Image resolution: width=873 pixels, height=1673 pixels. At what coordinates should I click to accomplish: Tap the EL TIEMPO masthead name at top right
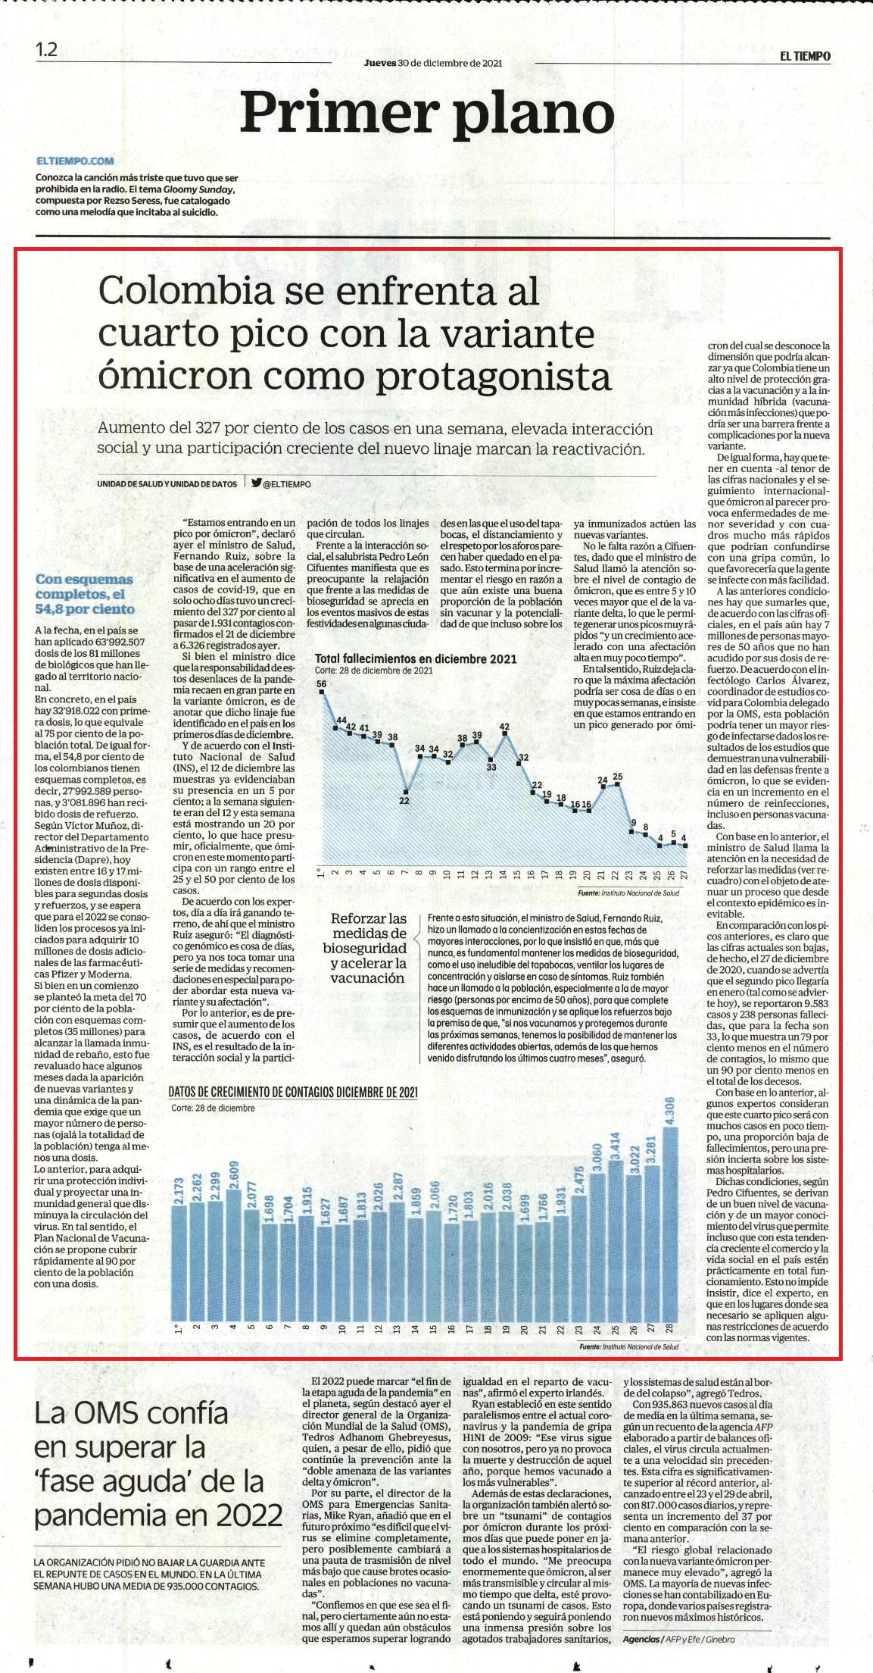(x=806, y=56)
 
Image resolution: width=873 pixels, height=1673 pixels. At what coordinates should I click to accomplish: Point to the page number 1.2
(x=46, y=51)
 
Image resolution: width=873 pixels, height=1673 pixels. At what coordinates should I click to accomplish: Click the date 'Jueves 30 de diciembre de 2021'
(x=432, y=64)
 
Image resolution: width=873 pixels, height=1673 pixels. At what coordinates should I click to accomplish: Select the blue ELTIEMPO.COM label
(x=74, y=161)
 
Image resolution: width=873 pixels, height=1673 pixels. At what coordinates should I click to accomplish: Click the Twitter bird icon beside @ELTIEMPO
(x=256, y=483)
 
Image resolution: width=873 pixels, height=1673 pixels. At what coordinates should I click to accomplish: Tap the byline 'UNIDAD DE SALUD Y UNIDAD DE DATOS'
(x=167, y=483)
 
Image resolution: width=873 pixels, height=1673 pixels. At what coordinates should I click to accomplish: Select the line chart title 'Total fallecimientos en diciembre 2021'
(x=416, y=658)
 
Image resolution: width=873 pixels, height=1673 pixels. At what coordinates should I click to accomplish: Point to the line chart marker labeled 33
(x=491, y=759)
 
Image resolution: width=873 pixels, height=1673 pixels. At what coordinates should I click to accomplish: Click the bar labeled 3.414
(x=615, y=1240)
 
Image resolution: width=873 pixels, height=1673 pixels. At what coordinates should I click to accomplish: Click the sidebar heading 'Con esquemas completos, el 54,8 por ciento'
(x=85, y=594)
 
